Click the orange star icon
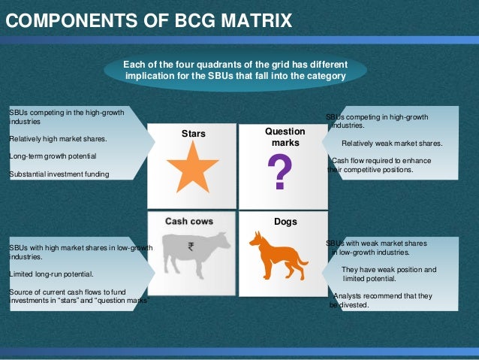point(193,167)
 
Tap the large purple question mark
point(280,172)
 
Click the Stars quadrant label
point(193,135)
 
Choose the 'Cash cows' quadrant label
point(189,221)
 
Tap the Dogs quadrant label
point(285,222)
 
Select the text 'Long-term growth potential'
point(53,156)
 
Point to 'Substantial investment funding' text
point(59,174)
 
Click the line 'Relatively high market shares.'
point(58,138)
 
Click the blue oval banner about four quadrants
point(235,70)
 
